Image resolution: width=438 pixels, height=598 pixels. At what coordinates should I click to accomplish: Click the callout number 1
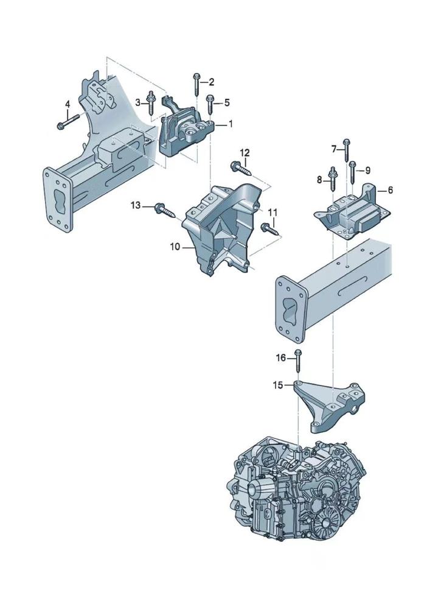point(231,124)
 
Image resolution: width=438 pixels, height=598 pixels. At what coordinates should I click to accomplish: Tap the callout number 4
point(68,104)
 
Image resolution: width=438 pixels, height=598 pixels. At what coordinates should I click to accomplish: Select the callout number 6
point(390,190)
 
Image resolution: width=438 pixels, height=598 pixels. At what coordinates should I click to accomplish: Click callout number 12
point(244,152)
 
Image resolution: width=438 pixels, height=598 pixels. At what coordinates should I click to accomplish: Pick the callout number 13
point(135,206)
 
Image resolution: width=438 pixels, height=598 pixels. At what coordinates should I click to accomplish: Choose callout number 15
point(277,385)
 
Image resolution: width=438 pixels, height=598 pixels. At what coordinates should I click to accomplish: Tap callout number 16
point(280,359)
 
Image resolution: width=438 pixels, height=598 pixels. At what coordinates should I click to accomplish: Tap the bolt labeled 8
point(333,177)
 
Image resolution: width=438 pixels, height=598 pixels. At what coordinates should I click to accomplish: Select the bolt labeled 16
point(297,362)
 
